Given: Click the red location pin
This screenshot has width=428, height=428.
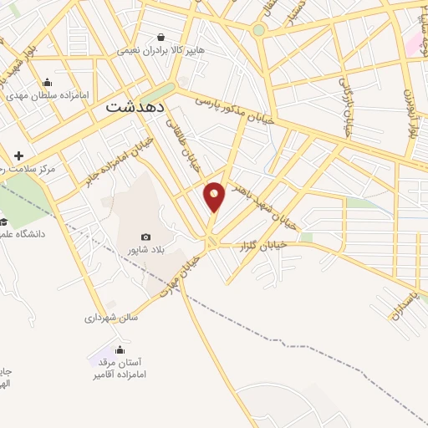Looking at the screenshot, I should pos(215,196).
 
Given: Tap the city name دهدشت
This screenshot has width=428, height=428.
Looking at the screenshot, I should pos(138,108).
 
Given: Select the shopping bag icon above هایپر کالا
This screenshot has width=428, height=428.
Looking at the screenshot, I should pos(160,37).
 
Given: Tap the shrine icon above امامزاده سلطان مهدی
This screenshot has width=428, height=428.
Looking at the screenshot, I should pos(46,82).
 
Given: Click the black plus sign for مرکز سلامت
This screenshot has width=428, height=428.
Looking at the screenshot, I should pos(18,155).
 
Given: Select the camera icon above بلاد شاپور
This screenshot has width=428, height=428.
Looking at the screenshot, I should pos(146,237).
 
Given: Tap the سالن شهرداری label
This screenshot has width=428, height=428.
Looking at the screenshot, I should pos(111,317).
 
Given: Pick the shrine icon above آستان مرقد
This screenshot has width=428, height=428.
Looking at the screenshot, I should pos(120,350).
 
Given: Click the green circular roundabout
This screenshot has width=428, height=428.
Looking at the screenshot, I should pos(259,30).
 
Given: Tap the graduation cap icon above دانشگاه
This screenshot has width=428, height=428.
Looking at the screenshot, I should pos(3,222).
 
